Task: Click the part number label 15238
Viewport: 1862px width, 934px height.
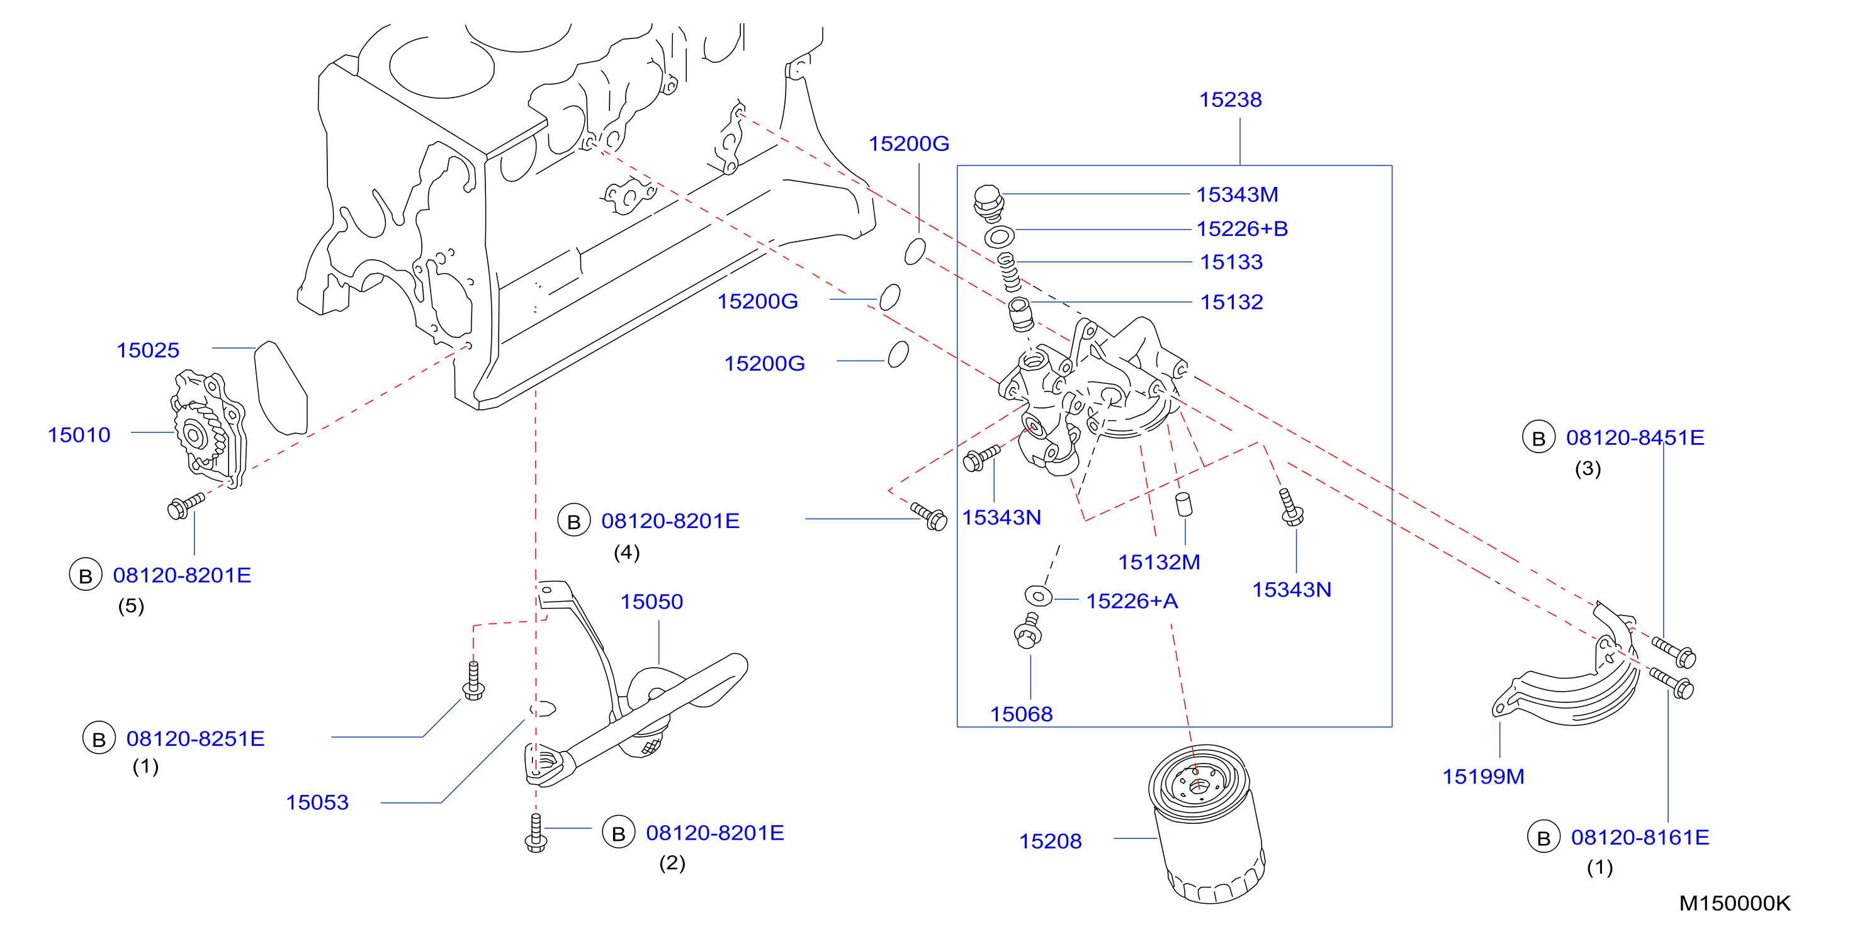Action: point(1230,100)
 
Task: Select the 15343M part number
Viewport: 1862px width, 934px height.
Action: point(1237,194)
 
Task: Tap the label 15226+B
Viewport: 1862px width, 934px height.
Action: point(1242,228)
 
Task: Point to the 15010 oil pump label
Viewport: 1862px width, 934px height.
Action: point(79,434)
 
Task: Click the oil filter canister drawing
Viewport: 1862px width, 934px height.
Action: point(1205,823)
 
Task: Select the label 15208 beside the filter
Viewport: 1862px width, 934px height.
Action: point(1050,841)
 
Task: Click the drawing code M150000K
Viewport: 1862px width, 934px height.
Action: point(1735,903)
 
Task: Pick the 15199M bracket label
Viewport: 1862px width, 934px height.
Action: point(1483,777)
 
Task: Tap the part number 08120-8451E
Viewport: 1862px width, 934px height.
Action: point(1635,437)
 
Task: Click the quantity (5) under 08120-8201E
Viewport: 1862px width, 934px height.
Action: point(131,606)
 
